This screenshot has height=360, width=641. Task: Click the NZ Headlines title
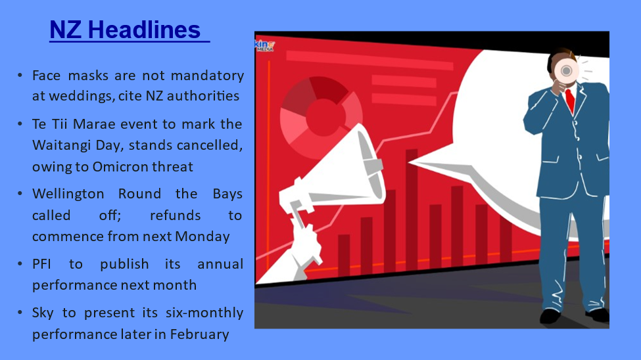(125, 30)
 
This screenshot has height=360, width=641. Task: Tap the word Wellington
(68, 194)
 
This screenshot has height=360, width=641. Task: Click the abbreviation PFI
(41, 264)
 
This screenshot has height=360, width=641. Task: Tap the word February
(199, 334)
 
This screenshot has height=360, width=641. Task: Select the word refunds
(176, 215)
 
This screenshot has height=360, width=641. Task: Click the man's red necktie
(570, 101)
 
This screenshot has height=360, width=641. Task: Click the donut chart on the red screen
(321, 117)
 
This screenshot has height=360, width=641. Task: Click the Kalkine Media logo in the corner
(264, 45)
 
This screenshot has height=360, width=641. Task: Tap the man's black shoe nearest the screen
(550, 316)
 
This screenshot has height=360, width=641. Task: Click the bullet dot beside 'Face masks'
(20, 75)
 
